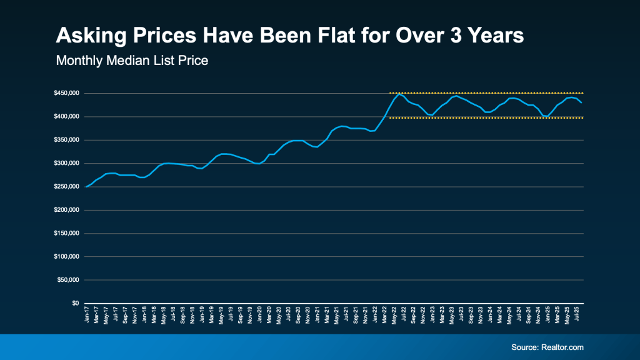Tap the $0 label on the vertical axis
point(74,303)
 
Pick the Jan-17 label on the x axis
point(86,315)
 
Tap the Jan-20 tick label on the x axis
point(260,315)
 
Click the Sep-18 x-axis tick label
point(183,315)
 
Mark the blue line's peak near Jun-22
point(399,94)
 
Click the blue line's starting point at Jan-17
point(86,187)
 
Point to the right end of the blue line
point(582,102)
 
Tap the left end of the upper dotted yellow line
point(391,93)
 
